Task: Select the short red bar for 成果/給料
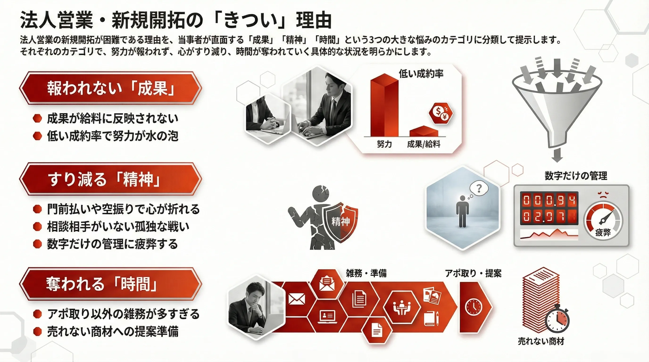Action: point(424,131)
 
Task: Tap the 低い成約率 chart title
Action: point(421,74)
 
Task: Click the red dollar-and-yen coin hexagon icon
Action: point(441,113)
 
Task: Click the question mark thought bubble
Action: point(479,188)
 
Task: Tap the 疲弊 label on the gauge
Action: point(603,232)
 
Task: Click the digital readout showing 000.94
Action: point(549,200)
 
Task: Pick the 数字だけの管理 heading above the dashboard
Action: point(576,176)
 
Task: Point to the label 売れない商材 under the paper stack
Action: point(541,341)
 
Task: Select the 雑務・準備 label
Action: point(366,273)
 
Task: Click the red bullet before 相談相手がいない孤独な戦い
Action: point(37,226)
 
